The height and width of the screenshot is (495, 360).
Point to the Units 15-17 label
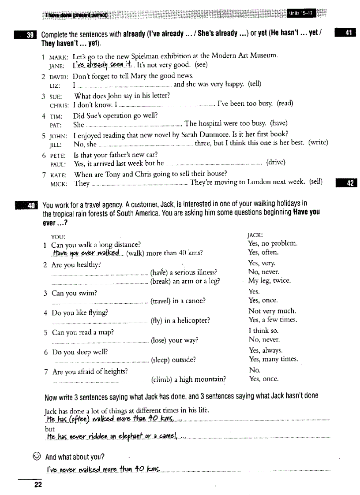click(300, 13)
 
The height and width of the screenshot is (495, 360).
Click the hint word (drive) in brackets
click(276, 163)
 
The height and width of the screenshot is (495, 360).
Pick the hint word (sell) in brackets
click(315, 182)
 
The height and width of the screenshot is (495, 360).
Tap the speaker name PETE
click(58, 155)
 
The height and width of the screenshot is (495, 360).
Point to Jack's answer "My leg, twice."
click(269, 281)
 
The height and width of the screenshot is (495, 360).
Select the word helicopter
click(192, 320)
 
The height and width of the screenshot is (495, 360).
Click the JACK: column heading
click(256, 235)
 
